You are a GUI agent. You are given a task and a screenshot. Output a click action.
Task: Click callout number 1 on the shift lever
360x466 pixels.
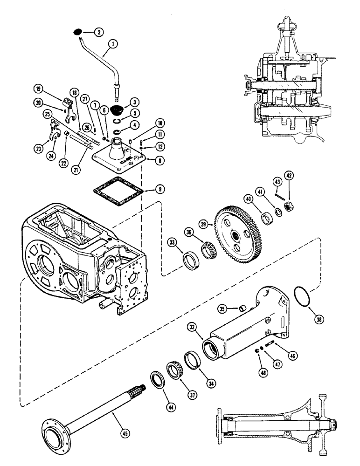(111, 44)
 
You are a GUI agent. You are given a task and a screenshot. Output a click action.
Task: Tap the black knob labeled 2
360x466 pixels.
(77, 32)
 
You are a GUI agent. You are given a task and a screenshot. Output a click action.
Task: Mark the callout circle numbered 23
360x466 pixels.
(39, 150)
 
